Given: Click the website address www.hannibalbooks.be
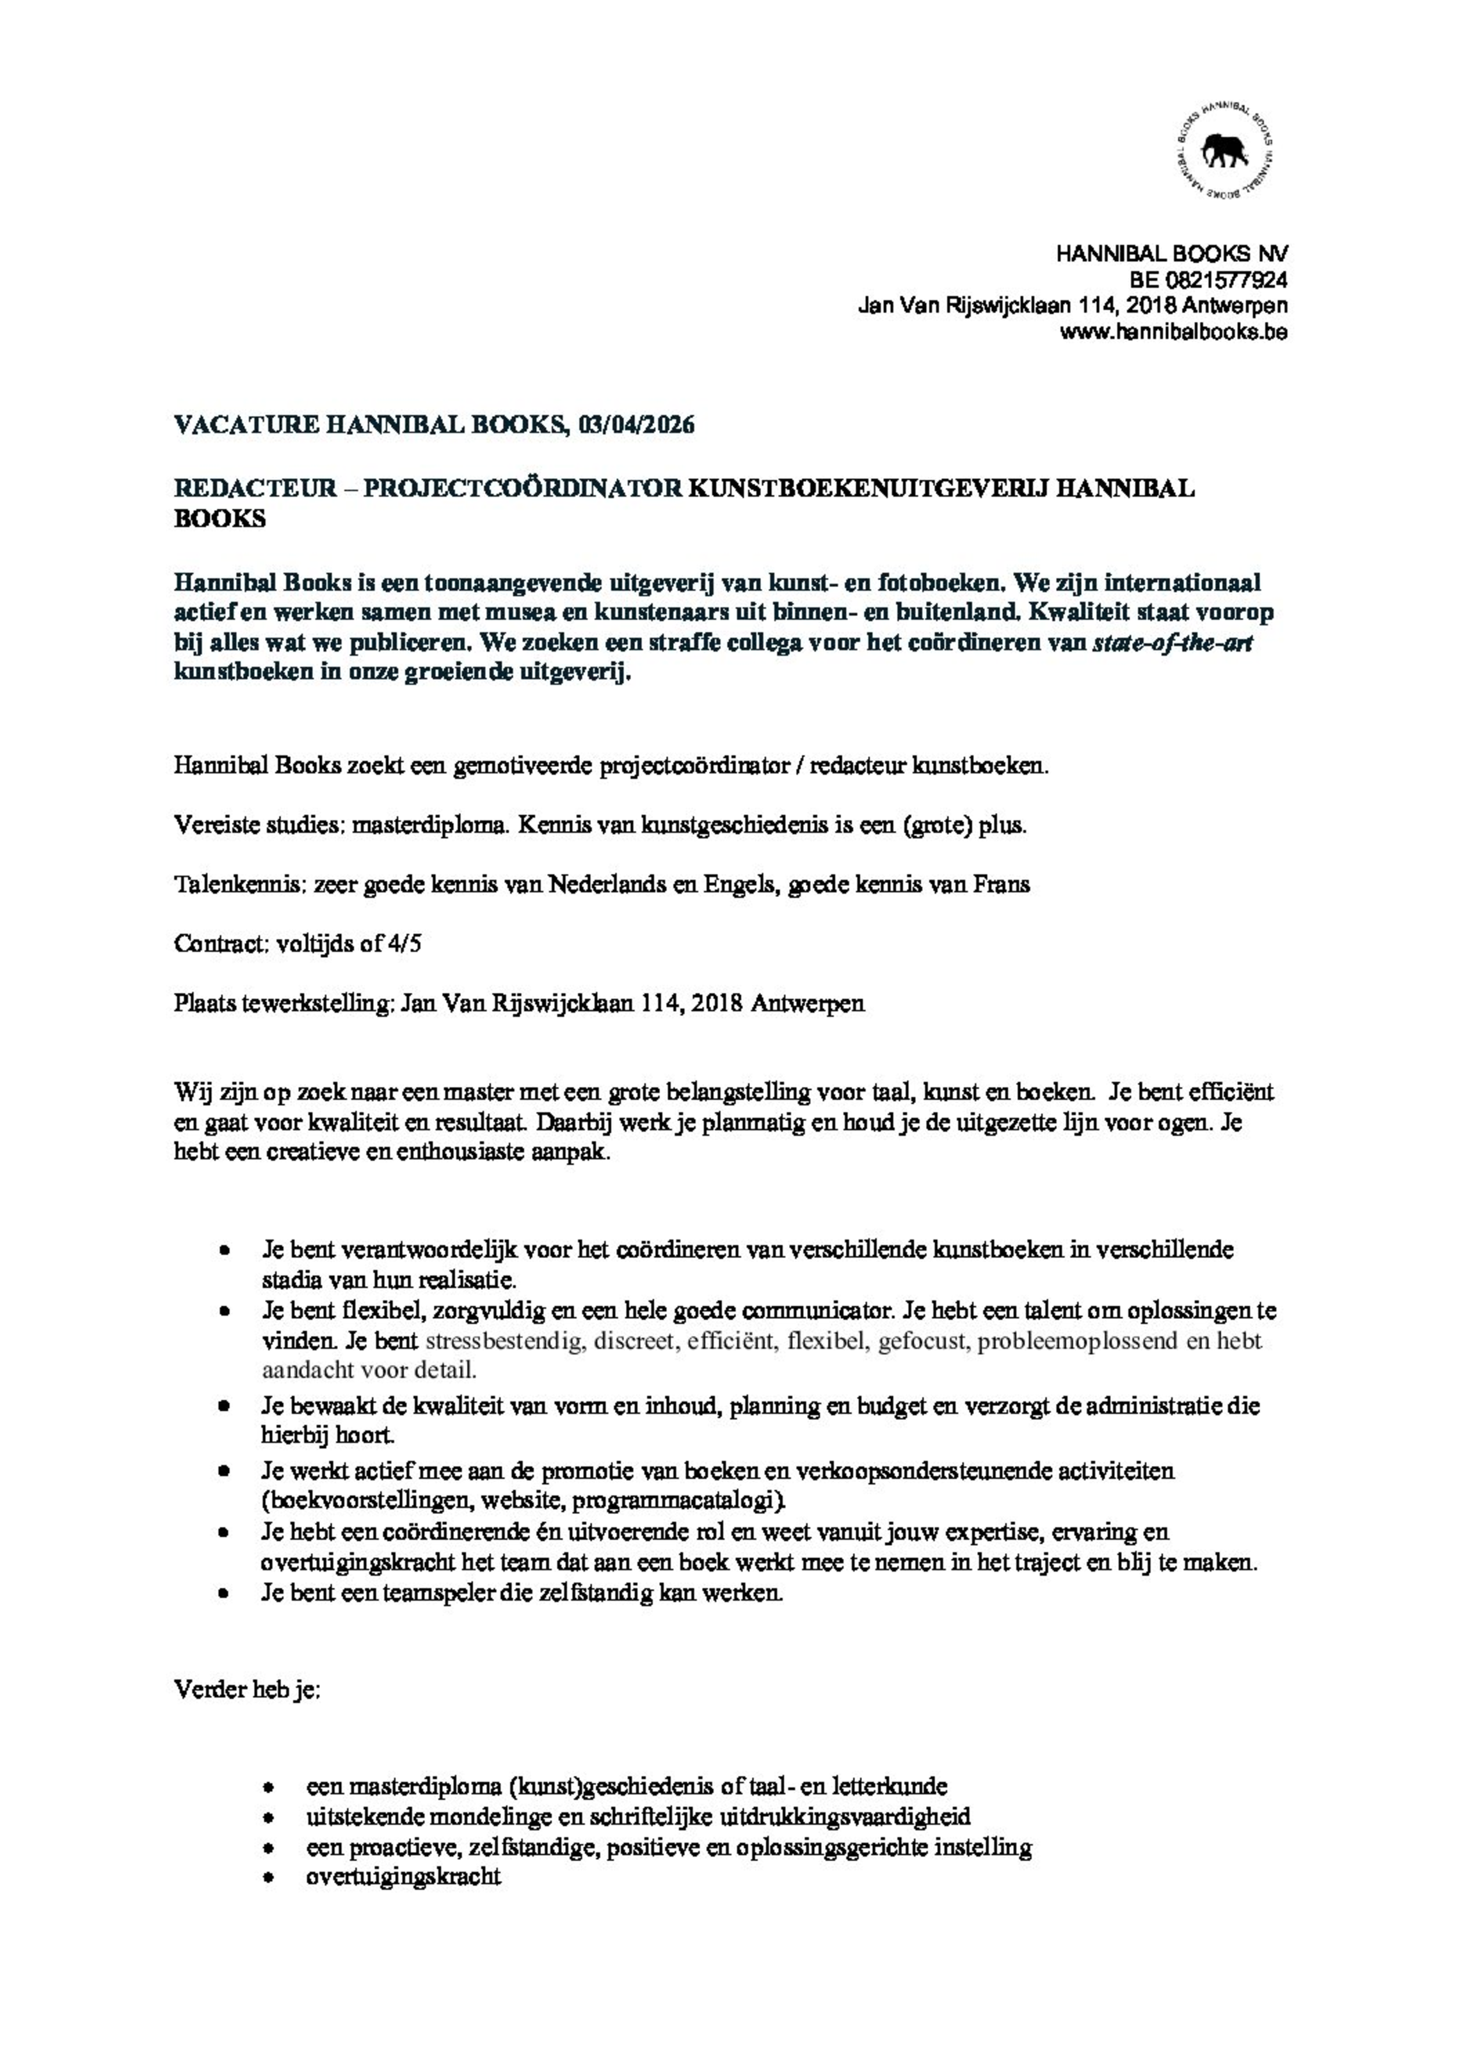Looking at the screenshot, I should pos(1172,332).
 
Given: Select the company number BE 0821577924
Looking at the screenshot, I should pos(1208,280).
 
